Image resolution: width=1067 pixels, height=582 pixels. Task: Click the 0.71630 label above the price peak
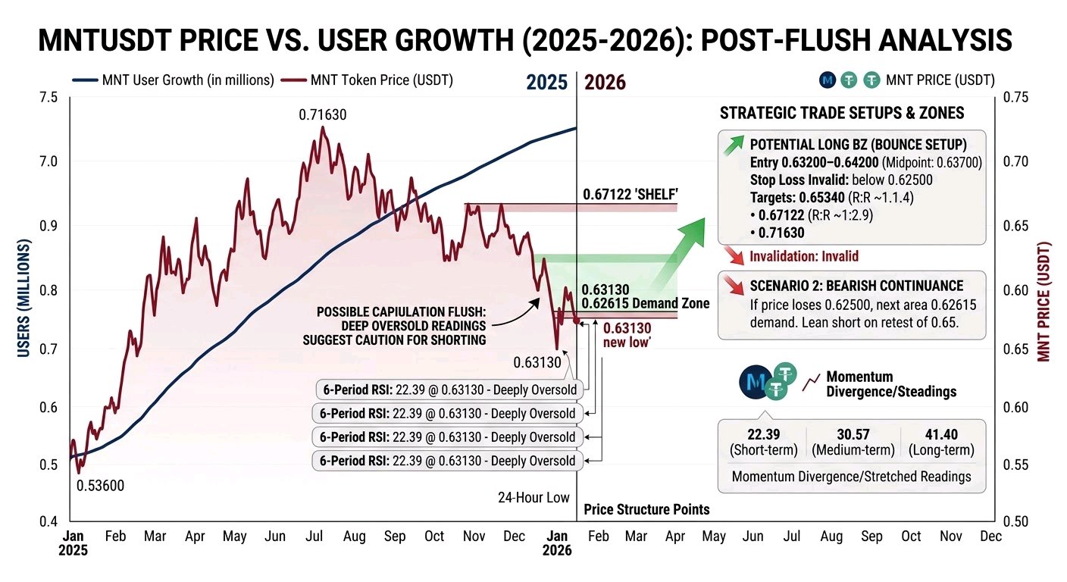tap(323, 114)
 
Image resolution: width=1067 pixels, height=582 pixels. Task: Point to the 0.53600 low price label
tap(100, 486)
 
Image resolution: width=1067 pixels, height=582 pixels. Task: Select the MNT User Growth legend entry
tap(174, 80)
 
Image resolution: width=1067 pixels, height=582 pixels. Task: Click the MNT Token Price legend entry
tap(367, 80)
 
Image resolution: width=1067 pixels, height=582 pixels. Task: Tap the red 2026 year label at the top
tap(605, 83)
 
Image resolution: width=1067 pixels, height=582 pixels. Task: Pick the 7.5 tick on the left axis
tap(48, 98)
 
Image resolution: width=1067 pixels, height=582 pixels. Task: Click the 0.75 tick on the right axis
tap(1015, 97)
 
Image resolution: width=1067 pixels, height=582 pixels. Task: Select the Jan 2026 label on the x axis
tap(557, 543)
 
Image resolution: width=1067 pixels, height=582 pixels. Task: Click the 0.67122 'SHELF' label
tap(630, 194)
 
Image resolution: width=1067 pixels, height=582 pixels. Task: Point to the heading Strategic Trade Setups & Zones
tap(842, 113)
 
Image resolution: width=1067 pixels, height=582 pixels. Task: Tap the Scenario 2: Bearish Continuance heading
tap(856, 286)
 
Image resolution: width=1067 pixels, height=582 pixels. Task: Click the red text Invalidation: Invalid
tap(804, 256)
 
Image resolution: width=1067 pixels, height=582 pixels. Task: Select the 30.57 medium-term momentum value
tap(853, 434)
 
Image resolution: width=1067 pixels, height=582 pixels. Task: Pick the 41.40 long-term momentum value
tap(941, 434)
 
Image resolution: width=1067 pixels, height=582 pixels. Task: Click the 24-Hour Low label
tap(533, 498)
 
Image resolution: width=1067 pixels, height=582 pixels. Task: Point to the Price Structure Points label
tap(646, 509)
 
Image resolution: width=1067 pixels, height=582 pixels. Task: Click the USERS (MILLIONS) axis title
tap(23, 298)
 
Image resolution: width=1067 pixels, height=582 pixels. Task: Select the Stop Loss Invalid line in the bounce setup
tap(841, 180)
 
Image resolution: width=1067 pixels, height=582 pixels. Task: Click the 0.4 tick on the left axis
tap(48, 521)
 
